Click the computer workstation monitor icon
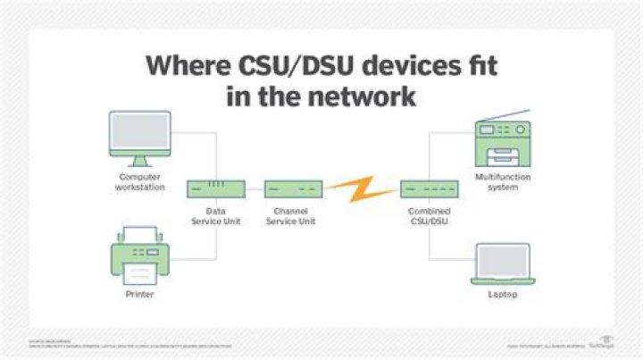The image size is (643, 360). click(x=140, y=138)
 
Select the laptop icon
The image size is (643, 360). click(x=503, y=263)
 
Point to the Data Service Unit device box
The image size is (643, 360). click(x=214, y=189)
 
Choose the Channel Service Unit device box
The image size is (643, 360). click(x=292, y=189)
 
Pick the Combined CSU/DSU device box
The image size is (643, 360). click(x=428, y=189)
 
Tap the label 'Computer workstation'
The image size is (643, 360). click(x=140, y=182)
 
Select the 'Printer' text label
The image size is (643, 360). click(x=139, y=293)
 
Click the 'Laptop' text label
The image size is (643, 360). click(x=503, y=293)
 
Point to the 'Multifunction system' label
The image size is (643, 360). click(x=503, y=182)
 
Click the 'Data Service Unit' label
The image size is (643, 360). click(x=214, y=216)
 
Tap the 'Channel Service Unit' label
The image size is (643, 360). click(x=291, y=216)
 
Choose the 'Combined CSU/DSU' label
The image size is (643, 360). click(x=428, y=216)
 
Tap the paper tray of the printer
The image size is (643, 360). click(x=139, y=272)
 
